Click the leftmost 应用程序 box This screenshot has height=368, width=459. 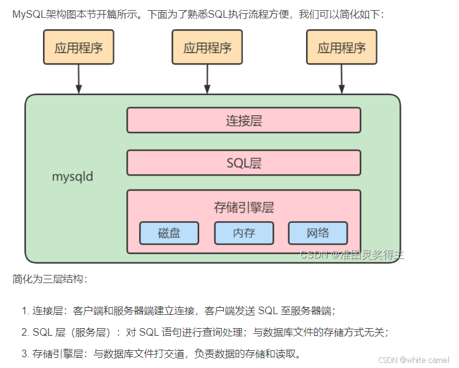tap(78, 48)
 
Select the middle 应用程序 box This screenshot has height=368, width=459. tap(207, 48)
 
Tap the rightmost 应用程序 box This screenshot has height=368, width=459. tap(341, 48)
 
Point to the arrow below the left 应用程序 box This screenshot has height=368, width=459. tap(78, 79)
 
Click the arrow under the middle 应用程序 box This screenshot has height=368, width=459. tap(207, 79)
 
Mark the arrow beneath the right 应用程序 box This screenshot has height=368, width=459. tap(341, 79)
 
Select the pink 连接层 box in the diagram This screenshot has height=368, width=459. tap(243, 120)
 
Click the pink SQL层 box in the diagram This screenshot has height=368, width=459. tap(243, 163)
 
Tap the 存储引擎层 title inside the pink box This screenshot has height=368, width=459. tap(243, 207)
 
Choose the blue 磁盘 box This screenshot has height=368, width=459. tap(169, 233)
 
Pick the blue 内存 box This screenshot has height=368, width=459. tap(243, 233)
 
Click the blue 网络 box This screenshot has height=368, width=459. tap(317, 233)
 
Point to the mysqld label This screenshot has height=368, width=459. tap(72, 176)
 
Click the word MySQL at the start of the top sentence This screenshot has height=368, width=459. tap(29, 13)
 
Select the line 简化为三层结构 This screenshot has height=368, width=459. tap(50, 279)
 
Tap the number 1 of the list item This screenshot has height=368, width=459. tap(25, 311)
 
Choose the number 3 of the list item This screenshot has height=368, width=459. tap(25, 353)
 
